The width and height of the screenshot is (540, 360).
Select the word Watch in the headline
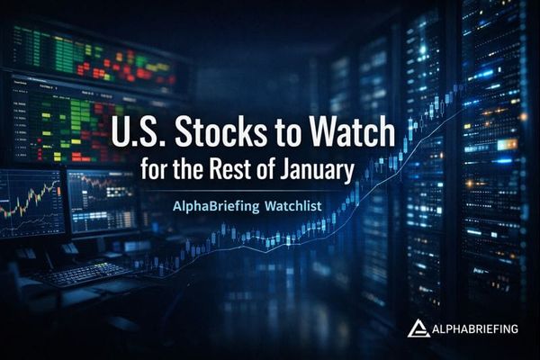[x=357, y=133]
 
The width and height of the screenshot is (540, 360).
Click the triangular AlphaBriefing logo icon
[x=417, y=328]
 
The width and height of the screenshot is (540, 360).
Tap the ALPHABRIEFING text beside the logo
[x=473, y=329]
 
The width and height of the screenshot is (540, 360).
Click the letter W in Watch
[x=332, y=133]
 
